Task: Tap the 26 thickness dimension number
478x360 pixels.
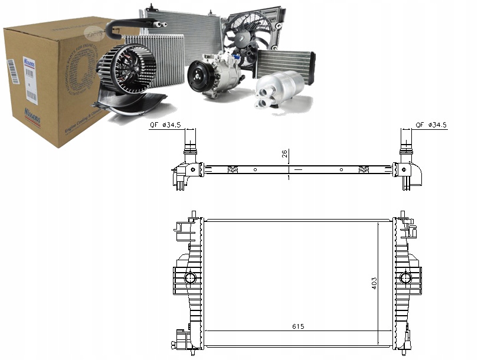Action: pos(285,155)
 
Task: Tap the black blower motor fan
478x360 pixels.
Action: pos(123,71)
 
